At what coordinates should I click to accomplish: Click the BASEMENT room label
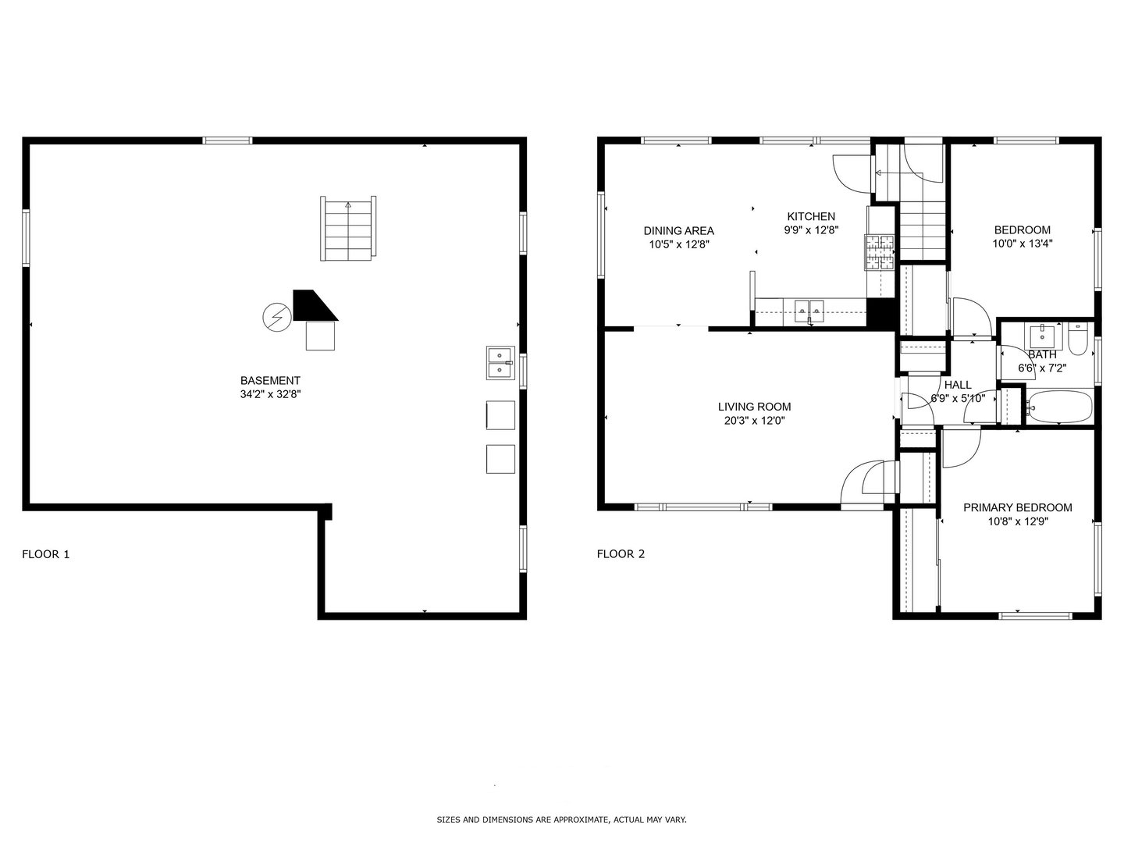click(270, 380)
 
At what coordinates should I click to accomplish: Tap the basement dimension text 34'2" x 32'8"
click(270, 394)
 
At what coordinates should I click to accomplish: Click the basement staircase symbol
click(348, 228)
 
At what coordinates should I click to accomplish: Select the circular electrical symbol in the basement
click(276, 316)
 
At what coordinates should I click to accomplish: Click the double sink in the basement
click(500, 363)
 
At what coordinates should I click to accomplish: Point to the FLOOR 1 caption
click(45, 554)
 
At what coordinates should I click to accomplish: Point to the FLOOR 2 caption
click(621, 554)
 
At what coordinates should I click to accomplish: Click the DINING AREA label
click(678, 230)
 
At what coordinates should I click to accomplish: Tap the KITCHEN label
click(811, 216)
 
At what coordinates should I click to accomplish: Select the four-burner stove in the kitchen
click(879, 253)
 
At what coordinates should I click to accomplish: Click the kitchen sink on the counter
click(809, 311)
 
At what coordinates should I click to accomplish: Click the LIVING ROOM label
click(754, 407)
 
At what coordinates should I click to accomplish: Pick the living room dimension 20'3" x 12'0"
click(754, 421)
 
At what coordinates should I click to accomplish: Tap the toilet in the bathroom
click(1078, 340)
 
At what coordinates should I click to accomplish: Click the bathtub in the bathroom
click(1058, 407)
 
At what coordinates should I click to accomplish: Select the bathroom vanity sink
click(1041, 336)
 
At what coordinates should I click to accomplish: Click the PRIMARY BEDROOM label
click(1017, 507)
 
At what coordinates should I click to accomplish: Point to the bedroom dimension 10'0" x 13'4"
click(1022, 243)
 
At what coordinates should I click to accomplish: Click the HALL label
click(958, 385)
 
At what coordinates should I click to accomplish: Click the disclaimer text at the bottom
click(561, 820)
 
